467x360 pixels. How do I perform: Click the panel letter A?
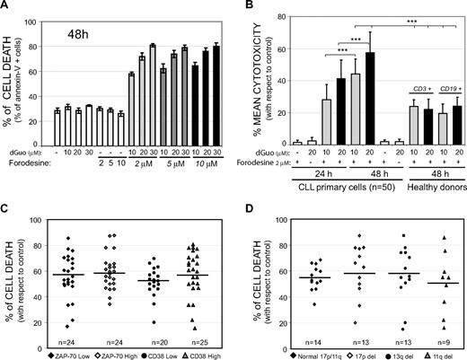(7, 7)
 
